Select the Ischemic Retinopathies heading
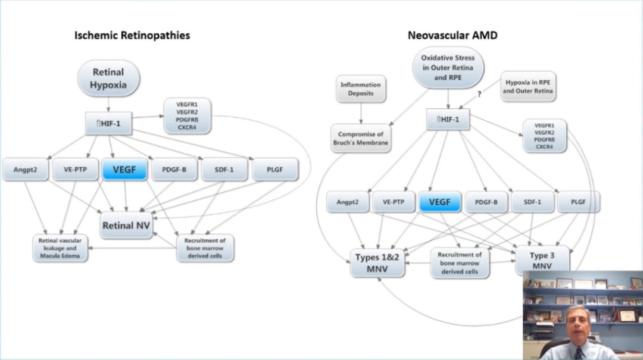coord(132,35)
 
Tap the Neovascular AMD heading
coord(452,35)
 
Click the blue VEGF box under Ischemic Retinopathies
coord(124,170)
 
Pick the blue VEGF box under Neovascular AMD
coord(440,202)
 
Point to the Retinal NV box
coord(126,226)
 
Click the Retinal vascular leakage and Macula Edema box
coord(60,249)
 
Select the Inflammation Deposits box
coord(360,89)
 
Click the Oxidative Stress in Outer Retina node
coord(448,68)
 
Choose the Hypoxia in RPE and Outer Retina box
coord(527,86)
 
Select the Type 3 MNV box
coord(542,260)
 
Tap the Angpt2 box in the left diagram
coord(26,170)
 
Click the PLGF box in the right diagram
coord(578,202)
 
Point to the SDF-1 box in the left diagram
coord(224,170)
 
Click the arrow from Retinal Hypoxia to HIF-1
coord(108,105)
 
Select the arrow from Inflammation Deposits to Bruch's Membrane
coord(361,114)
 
